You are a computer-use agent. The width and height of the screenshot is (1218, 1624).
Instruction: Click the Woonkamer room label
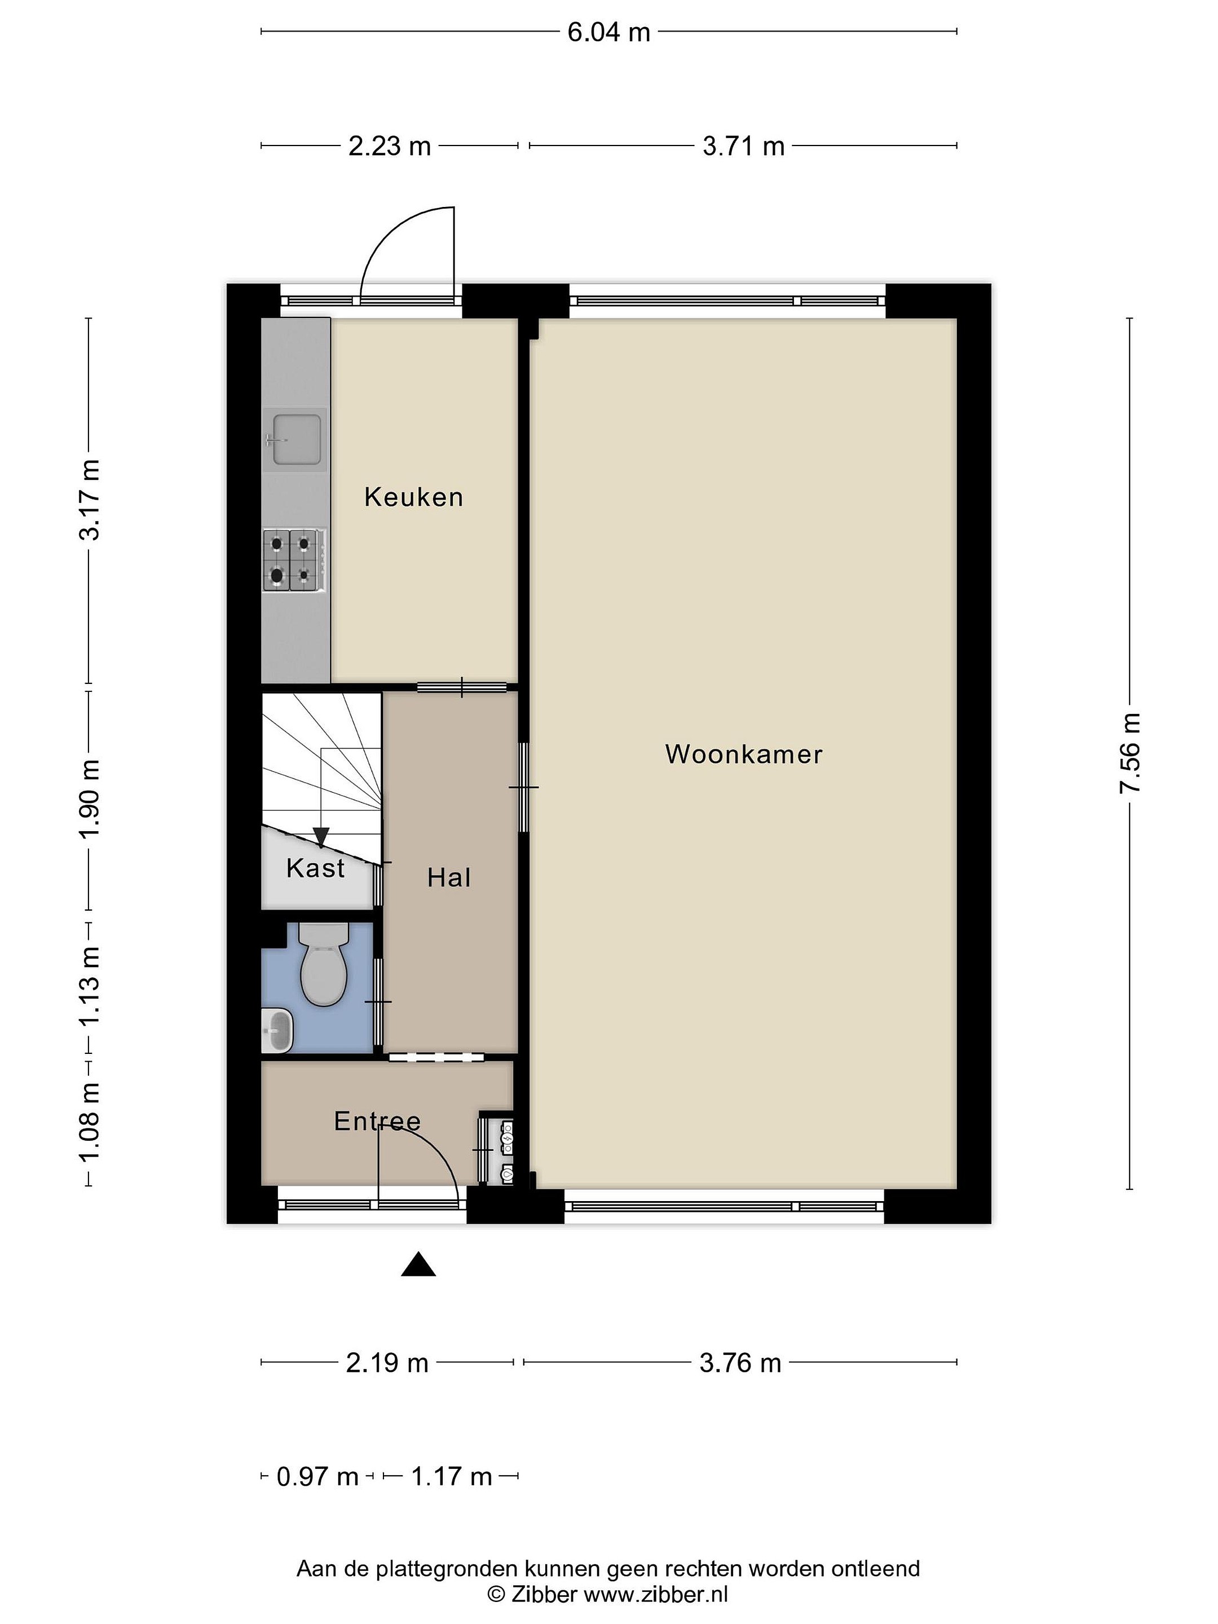[x=743, y=754]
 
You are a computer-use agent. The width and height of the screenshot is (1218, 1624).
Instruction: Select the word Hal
[x=449, y=877]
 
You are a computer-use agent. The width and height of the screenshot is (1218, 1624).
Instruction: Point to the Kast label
[x=315, y=868]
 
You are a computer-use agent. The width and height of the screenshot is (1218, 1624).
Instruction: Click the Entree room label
[x=377, y=1121]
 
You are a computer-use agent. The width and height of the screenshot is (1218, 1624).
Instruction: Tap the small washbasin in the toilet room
[x=277, y=1030]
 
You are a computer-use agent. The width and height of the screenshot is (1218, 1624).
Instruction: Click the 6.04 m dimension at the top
[x=608, y=32]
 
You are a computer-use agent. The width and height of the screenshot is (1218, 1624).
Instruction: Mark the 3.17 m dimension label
[x=90, y=500]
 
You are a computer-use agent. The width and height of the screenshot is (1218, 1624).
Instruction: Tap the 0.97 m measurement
[x=317, y=1476]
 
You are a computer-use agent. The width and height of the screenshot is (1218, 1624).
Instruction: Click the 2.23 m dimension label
[x=389, y=146]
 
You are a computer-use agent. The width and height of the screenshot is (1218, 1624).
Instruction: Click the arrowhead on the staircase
[x=321, y=837]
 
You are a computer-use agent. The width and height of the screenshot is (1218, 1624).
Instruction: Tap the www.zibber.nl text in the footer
[x=656, y=1594]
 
